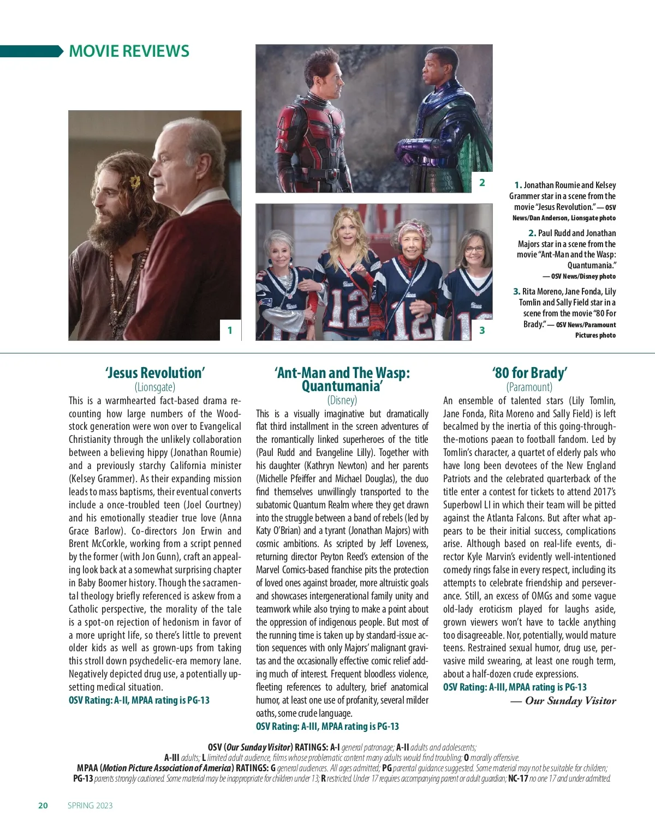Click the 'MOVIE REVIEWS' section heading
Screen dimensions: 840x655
tap(129, 51)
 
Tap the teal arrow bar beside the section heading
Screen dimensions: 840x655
tap(32, 51)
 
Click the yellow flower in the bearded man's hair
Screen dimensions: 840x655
tap(134, 182)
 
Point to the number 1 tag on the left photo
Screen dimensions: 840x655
tap(230, 330)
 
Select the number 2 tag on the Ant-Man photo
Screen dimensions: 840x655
tap(482, 183)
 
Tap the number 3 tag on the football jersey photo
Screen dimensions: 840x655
tap(482, 330)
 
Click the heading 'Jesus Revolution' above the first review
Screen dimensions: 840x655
tap(155, 373)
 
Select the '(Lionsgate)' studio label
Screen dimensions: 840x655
tap(155, 387)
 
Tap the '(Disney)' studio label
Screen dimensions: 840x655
tap(342, 400)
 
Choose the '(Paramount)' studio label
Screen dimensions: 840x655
tap(529, 387)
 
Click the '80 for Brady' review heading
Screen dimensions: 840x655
tap(529, 373)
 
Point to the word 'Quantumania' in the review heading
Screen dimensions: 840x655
tap(342, 386)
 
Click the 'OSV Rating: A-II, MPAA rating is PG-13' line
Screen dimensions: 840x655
tap(139, 700)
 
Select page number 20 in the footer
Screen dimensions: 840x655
tap(43, 806)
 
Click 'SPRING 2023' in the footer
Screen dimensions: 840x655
tap(90, 806)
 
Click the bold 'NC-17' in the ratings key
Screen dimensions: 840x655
tap(518, 778)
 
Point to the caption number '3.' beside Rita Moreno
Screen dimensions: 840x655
tap(516, 291)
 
